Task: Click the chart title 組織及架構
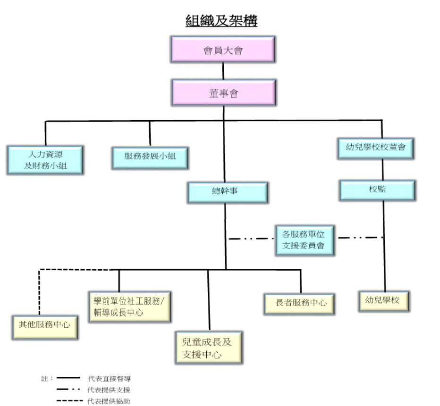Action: point(221,21)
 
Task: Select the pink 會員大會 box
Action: point(223,50)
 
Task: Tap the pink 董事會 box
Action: point(224,93)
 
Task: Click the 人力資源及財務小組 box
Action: point(45,160)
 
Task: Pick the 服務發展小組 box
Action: point(150,158)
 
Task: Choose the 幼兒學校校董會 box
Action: point(376,149)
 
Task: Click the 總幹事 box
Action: point(228,192)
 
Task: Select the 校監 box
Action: point(377,191)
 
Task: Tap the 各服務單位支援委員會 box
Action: point(305,240)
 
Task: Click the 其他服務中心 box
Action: point(45,327)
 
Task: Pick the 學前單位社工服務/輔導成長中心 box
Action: point(130,307)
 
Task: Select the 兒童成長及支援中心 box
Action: point(209,348)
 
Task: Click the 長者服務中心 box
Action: point(299,304)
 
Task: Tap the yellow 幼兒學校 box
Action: point(384,301)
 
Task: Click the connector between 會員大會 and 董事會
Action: point(223,71)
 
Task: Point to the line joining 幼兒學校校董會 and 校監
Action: point(383,170)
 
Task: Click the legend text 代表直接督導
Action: point(109,379)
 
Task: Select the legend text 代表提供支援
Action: point(109,390)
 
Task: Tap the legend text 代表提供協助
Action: point(109,401)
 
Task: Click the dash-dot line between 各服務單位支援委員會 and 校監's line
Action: point(361,238)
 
